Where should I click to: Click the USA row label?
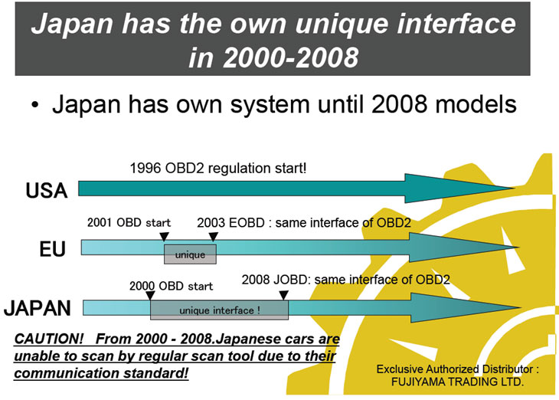[47, 190]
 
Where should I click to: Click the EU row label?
[52, 249]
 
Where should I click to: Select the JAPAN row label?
[38, 308]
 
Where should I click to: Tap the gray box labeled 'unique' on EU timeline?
[190, 254]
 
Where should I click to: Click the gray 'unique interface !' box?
[219, 310]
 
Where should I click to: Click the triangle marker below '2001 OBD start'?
[164, 237]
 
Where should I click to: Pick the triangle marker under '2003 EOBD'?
[213, 237]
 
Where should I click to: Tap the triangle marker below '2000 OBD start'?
[150, 296]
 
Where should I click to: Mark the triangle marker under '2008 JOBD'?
[283, 295]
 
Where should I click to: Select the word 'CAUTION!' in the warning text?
[49, 339]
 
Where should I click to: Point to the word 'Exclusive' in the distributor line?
[400, 369]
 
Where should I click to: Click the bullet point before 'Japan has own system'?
[34, 105]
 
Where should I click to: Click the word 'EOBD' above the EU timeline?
[247, 223]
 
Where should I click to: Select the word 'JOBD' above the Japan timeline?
[290, 280]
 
